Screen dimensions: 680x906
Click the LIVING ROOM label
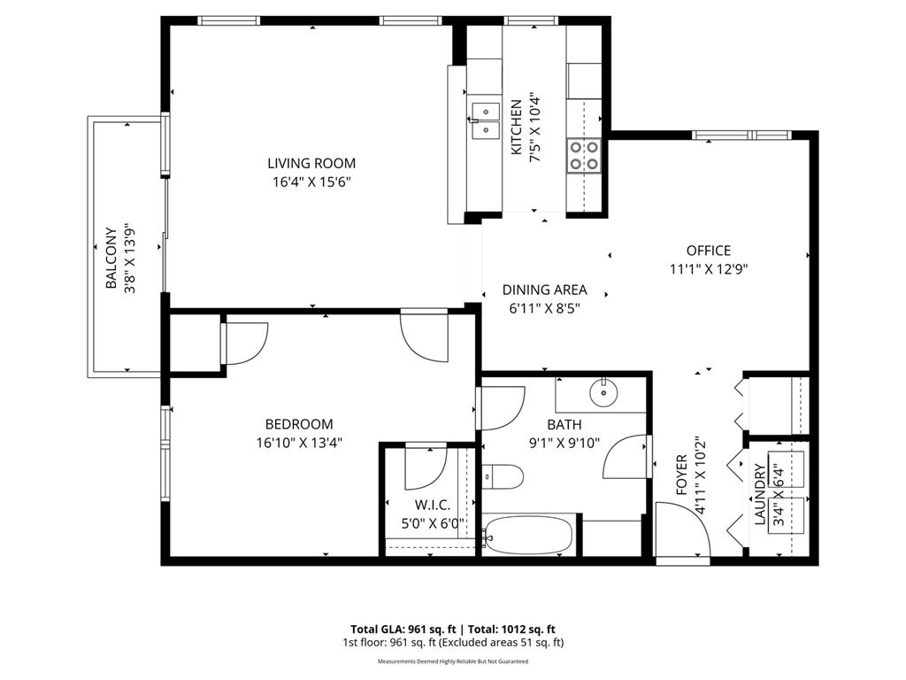[x=311, y=163]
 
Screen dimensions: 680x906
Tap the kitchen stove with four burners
[x=582, y=155]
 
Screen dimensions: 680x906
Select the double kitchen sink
[x=485, y=120]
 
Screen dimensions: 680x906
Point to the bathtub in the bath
[x=529, y=536]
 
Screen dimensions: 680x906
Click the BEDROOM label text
[x=299, y=424]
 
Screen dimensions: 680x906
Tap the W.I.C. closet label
[x=432, y=505]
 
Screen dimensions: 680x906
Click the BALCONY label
[x=111, y=259]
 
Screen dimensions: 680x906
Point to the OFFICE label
[x=709, y=251]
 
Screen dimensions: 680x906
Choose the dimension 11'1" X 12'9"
[x=709, y=270]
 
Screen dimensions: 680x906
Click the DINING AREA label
[x=544, y=290]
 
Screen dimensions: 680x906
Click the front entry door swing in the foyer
[x=684, y=531]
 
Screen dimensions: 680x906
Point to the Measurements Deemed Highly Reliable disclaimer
[x=453, y=661]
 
